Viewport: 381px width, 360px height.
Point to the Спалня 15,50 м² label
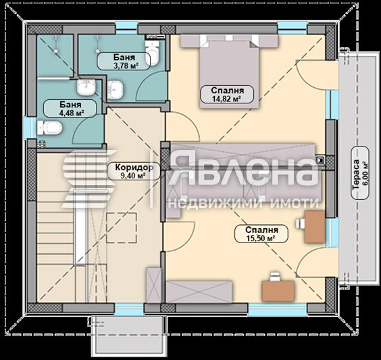pyautogui.click(x=256, y=234)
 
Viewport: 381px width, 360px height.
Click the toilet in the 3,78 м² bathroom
pyautogui.click(x=155, y=54)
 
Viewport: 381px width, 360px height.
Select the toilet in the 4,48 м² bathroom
pyautogui.click(x=49, y=128)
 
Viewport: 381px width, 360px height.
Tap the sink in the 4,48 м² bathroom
pyautogui.click(x=86, y=88)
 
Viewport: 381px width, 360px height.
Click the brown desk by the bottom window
pyautogui.click(x=278, y=289)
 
